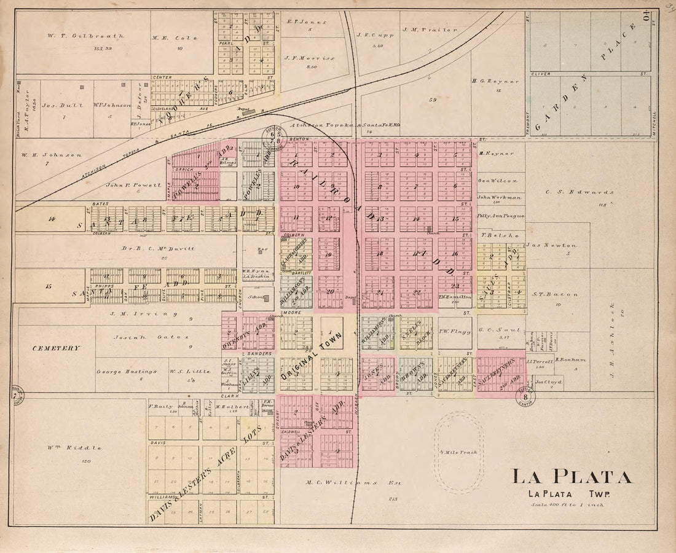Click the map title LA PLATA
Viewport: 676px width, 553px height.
(571, 477)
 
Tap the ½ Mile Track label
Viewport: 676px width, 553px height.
(458, 452)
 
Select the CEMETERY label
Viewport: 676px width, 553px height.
(57, 348)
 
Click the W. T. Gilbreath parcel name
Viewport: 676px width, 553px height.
(85, 36)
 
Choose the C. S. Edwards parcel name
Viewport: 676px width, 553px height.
(580, 192)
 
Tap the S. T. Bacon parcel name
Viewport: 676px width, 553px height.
(555, 294)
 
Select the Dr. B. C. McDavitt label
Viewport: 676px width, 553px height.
(150, 248)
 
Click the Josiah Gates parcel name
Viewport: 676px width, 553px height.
(141, 337)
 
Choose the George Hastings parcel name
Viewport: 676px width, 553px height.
(127, 371)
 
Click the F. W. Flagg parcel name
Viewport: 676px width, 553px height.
(454, 332)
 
